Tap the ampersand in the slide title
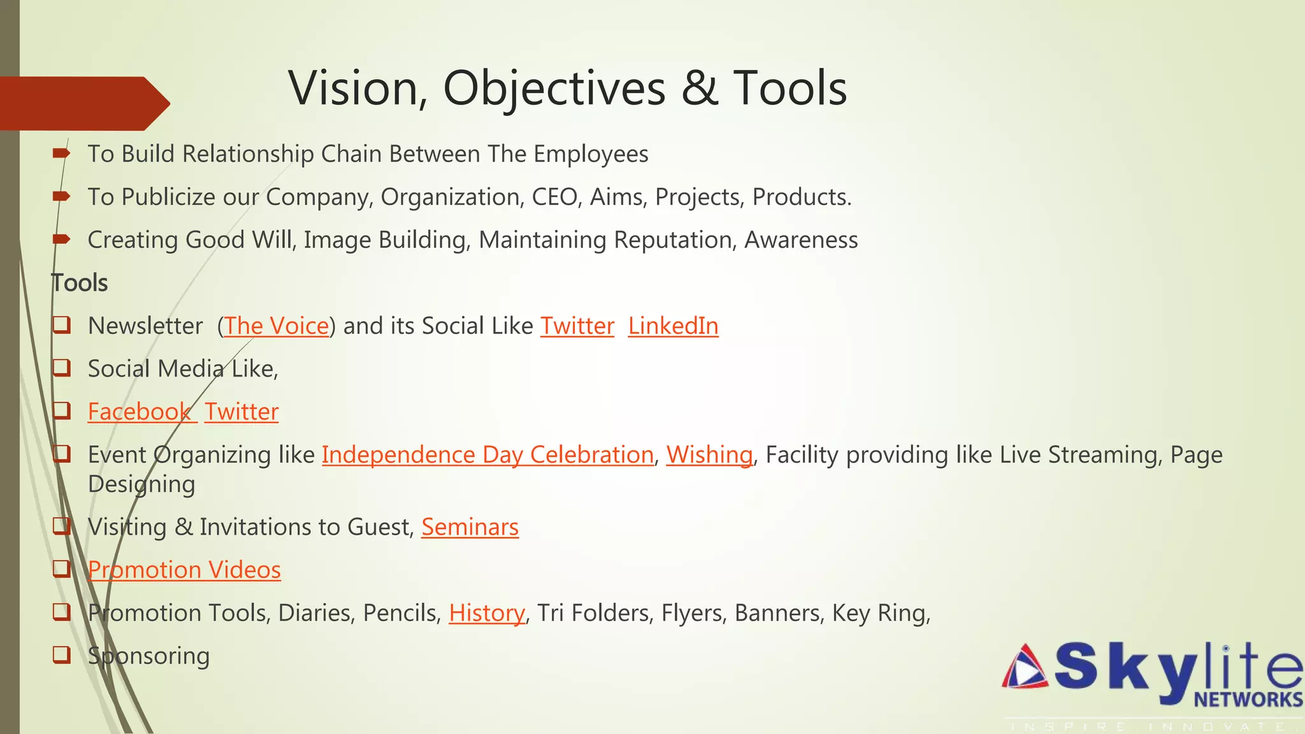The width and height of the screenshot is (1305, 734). click(700, 88)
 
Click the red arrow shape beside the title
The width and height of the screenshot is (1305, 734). click(83, 103)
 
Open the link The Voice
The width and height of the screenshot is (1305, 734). click(276, 326)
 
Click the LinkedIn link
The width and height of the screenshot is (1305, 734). click(673, 326)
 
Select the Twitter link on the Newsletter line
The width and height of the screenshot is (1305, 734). click(577, 326)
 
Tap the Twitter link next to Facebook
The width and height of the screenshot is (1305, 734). click(242, 412)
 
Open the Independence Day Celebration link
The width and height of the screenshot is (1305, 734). click(487, 455)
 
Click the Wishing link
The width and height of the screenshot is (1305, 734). click(709, 455)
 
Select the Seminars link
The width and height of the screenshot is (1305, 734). click(470, 528)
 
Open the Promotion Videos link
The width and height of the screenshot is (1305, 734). click(184, 570)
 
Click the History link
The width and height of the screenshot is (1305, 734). click(487, 613)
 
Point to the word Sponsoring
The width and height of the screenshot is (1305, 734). click(148, 656)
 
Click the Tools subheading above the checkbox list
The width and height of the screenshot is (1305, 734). click(80, 283)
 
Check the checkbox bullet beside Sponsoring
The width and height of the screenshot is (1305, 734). click(61, 654)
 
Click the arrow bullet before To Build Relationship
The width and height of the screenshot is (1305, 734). click(61, 153)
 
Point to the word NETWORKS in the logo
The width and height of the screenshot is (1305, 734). click(1248, 700)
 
